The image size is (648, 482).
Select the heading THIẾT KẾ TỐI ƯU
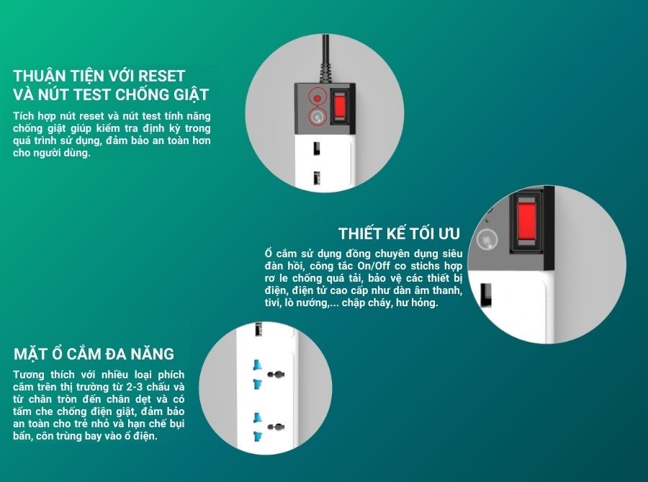tap(399, 233)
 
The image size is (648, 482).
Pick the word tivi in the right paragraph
tap(273, 302)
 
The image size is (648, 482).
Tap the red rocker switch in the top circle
tap(340, 106)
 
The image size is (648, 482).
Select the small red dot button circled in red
tap(318, 99)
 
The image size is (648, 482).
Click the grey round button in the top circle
tap(318, 117)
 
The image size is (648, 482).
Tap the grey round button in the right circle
tap(487, 239)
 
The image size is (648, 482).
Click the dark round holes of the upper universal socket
tap(276, 375)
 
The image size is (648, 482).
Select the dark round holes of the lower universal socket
tap(276, 427)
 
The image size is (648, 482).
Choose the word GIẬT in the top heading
tap(191, 94)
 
